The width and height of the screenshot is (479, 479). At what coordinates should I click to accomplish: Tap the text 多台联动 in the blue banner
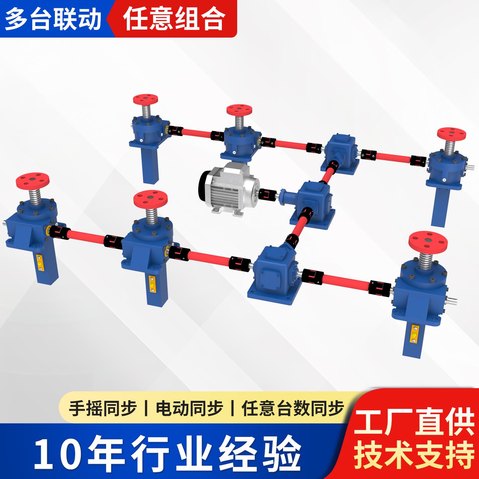(53, 19)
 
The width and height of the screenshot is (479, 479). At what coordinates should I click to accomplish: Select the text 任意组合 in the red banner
(173, 19)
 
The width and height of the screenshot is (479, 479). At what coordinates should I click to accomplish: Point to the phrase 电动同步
(189, 408)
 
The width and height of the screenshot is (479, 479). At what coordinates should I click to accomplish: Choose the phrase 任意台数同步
(293, 408)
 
